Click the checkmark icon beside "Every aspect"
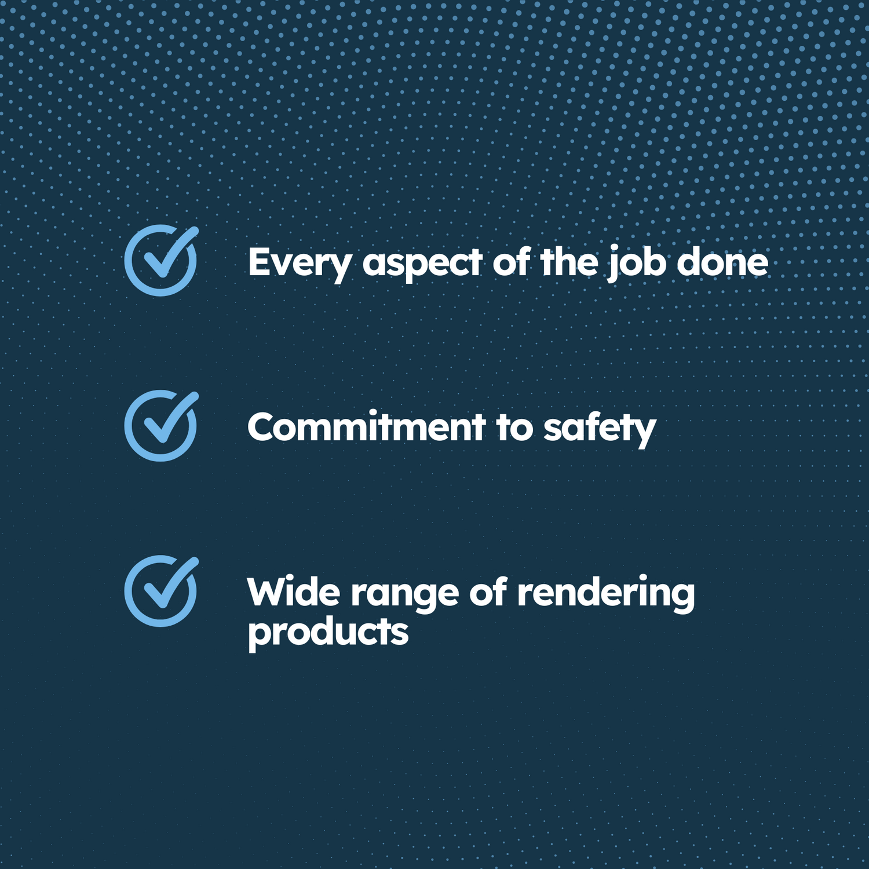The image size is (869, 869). tap(161, 261)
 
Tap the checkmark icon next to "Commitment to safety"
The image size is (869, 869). tap(161, 426)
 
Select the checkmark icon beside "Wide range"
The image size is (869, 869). tap(161, 591)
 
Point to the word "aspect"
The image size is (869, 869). tap(422, 264)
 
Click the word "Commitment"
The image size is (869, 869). tap(367, 427)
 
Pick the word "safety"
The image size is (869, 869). tap(600, 429)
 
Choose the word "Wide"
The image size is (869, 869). tap(294, 592)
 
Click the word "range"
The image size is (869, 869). tap(405, 596)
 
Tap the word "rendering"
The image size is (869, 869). tap(605, 594)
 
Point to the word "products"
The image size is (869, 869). tap(328, 634)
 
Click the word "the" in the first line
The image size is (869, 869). tap(569, 262)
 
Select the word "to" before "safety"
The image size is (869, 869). tap(514, 428)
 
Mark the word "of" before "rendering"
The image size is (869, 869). tap(488, 592)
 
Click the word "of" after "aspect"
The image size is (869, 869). tap(512, 262)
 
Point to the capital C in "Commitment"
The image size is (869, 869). tap(262, 428)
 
